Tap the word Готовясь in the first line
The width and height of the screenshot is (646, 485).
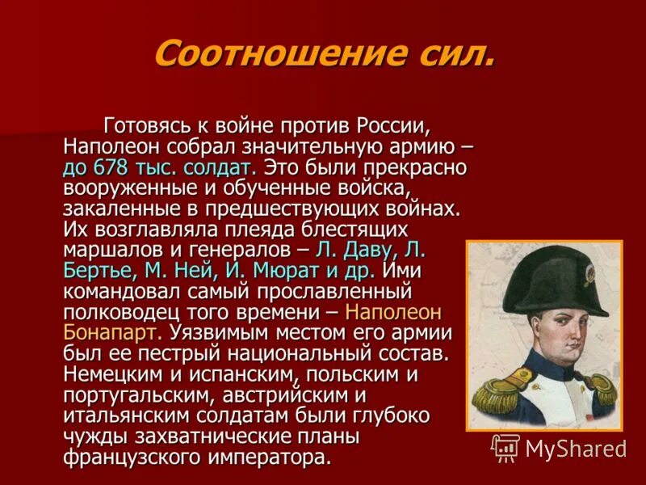coord(145,126)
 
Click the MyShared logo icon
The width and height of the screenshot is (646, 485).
coord(505,447)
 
